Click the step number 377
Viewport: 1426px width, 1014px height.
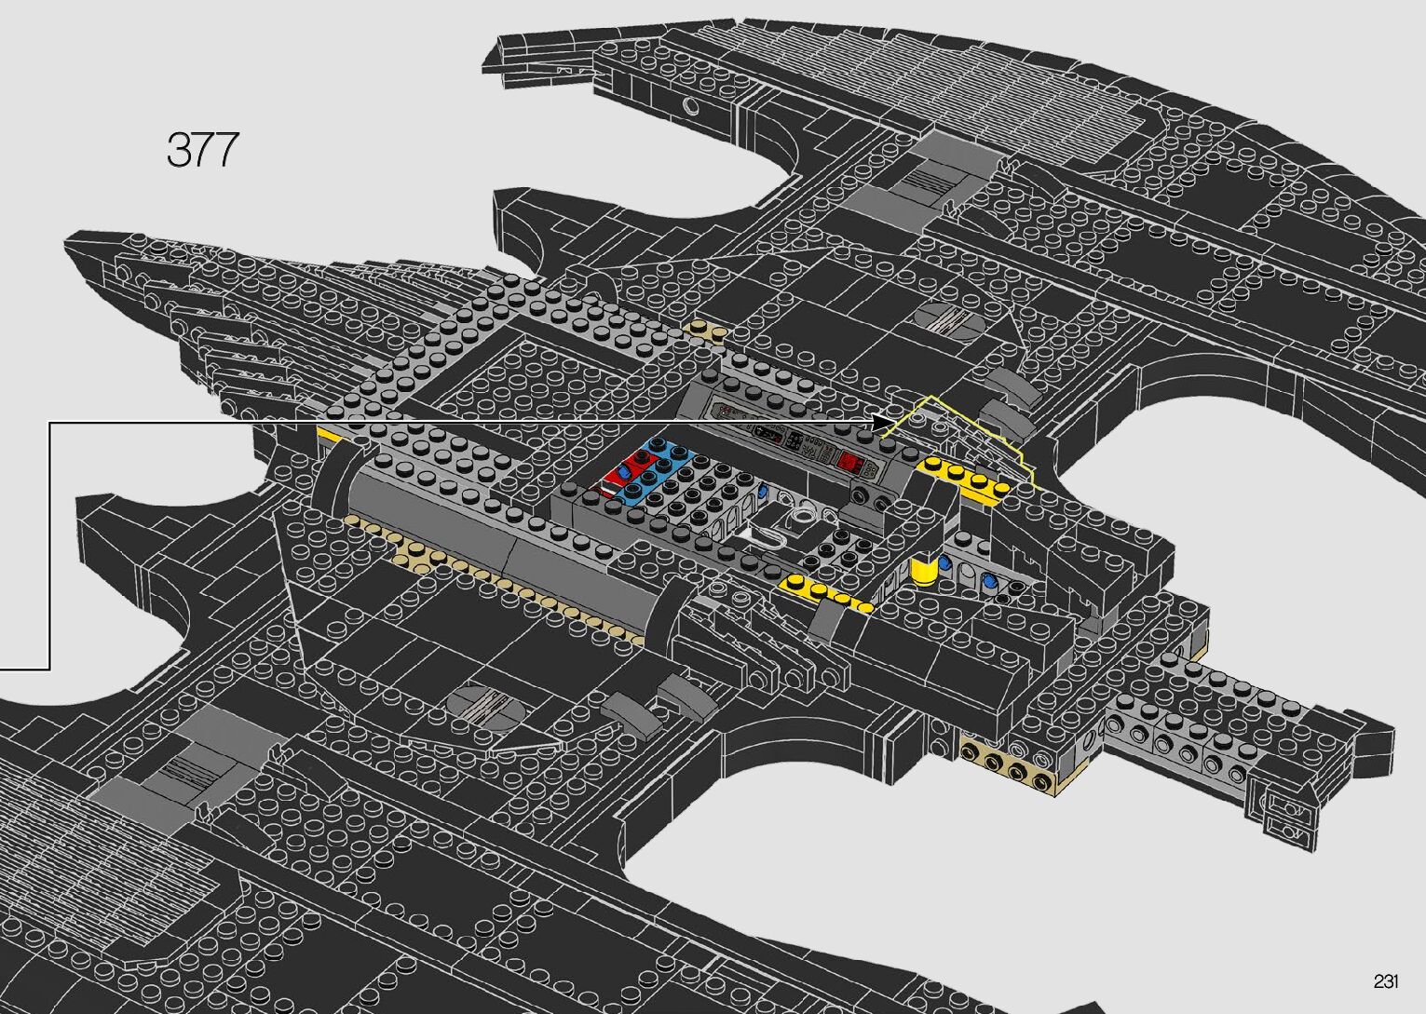[x=202, y=150]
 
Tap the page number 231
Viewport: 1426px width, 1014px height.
[x=1385, y=981]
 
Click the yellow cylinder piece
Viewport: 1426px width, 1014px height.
[x=924, y=568]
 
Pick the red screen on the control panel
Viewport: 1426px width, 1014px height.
[x=849, y=461]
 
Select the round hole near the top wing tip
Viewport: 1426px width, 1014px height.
[x=691, y=105]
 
